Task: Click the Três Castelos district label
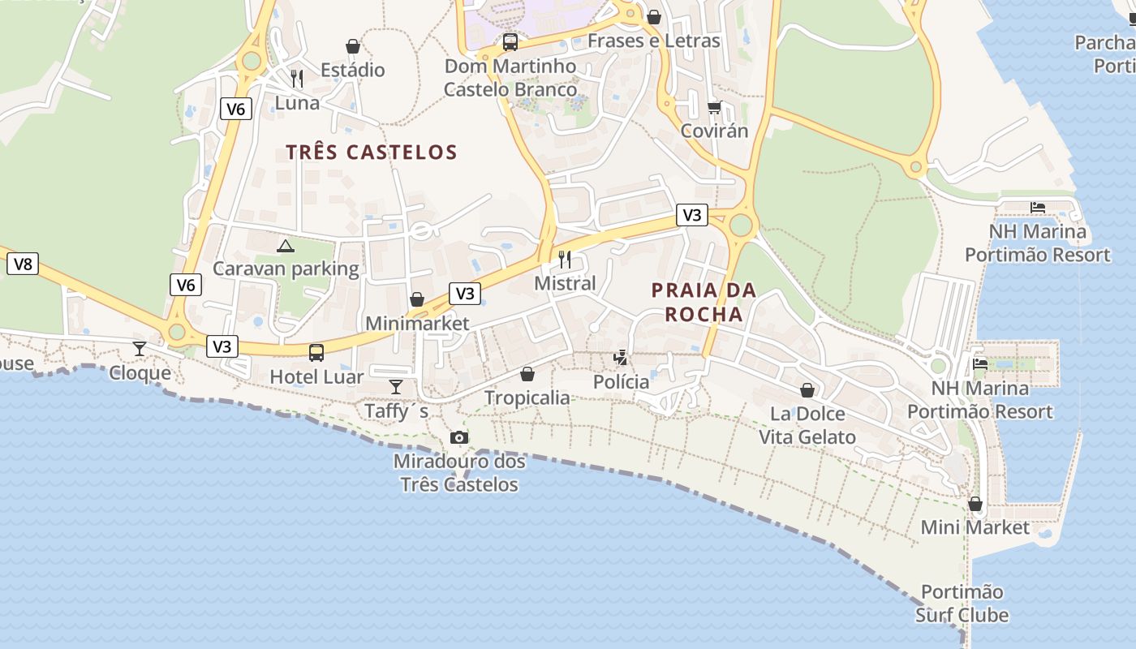(x=372, y=152)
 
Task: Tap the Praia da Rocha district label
(x=704, y=302)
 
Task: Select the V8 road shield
(x=23, y=264)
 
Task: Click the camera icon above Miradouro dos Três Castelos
(x=459, y=438)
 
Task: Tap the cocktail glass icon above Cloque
(x=140, y=349)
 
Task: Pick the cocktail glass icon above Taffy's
(x=396, y=386)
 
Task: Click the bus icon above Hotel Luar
(x=316, y=353)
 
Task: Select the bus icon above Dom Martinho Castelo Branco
(x=510, y=42)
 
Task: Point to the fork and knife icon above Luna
(x=297, y=79)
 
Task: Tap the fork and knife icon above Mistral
(x=565, y=260)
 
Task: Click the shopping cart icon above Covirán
(x=714, y=107)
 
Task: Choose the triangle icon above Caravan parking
(x=285, y=245)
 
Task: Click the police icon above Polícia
(x=621, y=357)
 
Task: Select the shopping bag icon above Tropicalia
(x=527, y=374)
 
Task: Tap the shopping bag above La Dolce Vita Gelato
(x=807, y=390)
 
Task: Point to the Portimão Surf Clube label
(x=962, y=604)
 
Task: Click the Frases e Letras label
(x=654, y=41)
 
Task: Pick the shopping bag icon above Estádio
(x=353, y=46)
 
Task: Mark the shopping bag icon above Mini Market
(x=975, y=504)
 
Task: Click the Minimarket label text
(x=417, y=324)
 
